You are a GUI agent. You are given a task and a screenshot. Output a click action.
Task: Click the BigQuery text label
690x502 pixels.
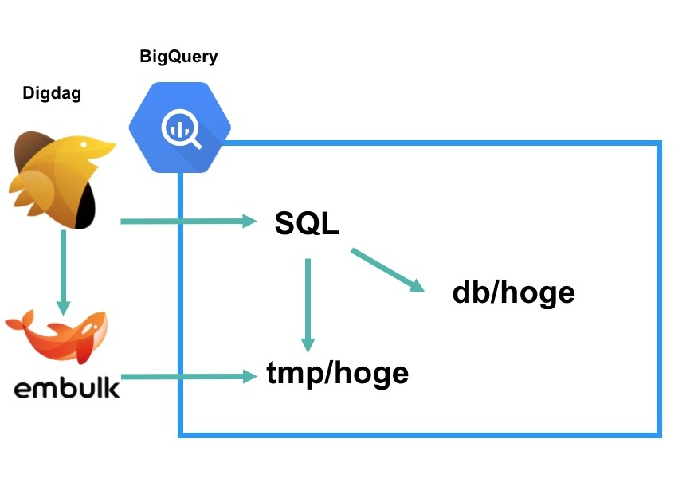click(178, 57)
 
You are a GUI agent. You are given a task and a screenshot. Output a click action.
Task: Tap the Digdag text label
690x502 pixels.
click(52, 93)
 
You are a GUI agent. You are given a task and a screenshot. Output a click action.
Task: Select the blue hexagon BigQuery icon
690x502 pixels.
click(180, 127)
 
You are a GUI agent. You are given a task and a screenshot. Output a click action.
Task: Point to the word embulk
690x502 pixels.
click(67, 388)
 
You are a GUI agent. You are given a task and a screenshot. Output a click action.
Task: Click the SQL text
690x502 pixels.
click(307, 223)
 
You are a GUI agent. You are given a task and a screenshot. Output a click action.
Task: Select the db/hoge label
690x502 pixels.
click(513, 292)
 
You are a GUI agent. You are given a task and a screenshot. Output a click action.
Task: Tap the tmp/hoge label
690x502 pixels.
click(337, 372)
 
